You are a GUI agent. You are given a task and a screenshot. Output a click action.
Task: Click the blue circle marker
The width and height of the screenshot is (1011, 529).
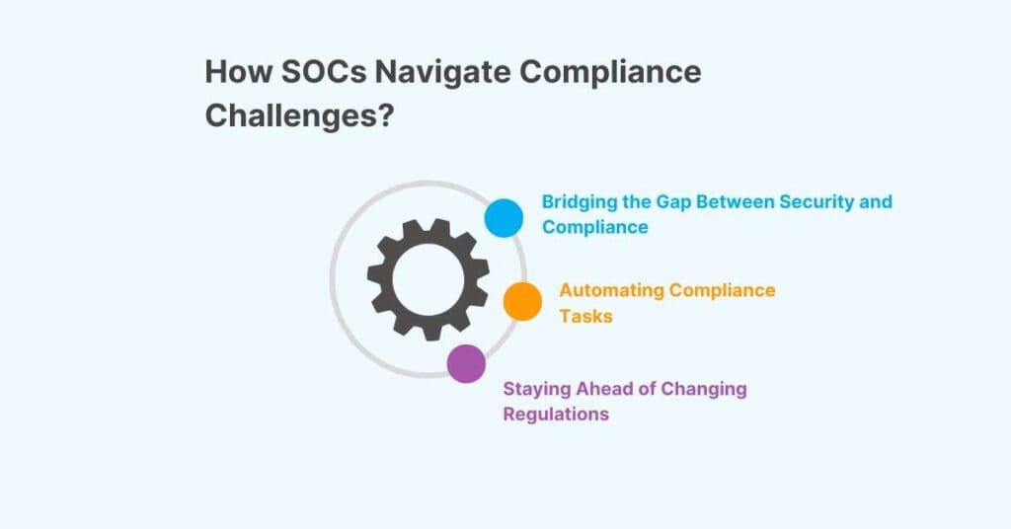coord(504,217)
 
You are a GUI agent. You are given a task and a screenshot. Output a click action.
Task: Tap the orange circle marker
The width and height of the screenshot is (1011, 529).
coord(522,301)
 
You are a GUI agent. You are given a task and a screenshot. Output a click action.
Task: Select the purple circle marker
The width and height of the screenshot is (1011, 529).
coord(466,363)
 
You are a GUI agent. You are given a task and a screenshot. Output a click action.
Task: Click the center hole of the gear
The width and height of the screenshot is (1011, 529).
coord(428,277)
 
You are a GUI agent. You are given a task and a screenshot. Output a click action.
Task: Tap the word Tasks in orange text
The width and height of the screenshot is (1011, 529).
coord(585,316)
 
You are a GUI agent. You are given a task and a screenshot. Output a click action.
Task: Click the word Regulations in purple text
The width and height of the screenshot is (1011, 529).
coord(556,415)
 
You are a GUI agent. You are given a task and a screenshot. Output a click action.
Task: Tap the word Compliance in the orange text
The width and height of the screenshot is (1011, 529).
coord(723,290)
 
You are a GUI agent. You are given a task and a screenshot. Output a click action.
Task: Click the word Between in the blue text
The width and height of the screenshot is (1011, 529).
coord(737,202)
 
